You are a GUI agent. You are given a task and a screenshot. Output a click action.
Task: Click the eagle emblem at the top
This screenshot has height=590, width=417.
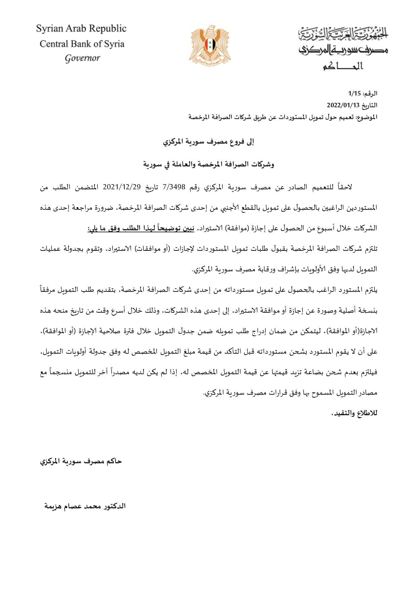[x=210, y=46]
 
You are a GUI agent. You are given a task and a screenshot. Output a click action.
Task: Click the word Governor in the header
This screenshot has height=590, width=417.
[x=82, y=58]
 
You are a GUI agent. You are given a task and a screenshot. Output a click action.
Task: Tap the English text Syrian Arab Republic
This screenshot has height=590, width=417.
[x=81, y=29]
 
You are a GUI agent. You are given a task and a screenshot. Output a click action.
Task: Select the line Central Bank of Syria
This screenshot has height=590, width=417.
[x=82, y=44]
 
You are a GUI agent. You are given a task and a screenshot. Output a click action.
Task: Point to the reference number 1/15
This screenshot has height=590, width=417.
[x=354, y=93]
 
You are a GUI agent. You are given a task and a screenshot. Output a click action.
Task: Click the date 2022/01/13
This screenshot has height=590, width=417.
[x=343, y=105]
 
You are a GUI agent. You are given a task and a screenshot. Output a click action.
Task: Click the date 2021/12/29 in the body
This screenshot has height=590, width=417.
[x=122, y=187]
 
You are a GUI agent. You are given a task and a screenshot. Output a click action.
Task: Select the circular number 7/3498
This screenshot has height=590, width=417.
[x=174, y=187]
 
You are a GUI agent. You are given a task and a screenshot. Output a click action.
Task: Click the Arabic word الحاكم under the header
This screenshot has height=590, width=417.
[x=343, y=66]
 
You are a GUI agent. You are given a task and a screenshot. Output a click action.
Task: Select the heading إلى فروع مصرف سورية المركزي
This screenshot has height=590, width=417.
[x=208, y=142]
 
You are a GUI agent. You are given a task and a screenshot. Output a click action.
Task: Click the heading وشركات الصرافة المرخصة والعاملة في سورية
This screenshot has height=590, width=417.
[x=208, y=164]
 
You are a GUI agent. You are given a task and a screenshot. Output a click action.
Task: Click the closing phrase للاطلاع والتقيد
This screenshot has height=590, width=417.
[x=354, y=413]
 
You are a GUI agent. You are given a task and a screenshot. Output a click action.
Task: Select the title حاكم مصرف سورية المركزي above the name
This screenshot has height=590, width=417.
[x=81, y=461]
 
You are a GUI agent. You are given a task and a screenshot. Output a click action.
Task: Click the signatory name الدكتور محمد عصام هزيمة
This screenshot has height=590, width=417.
[x=85, y=506]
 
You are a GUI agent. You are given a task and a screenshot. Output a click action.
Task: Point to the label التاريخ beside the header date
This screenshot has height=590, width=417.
[x=370, y=105]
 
